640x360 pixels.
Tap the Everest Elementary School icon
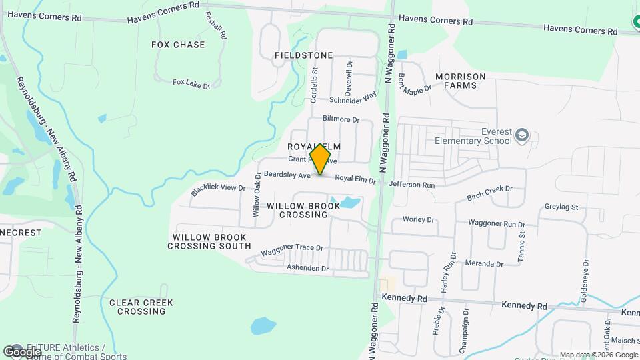coord(522,136)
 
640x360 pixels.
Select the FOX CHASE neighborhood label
coord(178,45)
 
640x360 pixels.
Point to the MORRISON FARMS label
coord(461,81)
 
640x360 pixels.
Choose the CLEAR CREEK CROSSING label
coord(141,307)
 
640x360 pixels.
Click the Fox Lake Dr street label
coord(191,83)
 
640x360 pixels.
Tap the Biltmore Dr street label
coord(341,119)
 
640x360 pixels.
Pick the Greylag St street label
coord(561,207)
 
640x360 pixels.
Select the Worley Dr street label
coord(418,219)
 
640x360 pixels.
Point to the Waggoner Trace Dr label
coord(292,249)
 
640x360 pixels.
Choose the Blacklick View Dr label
coord(218,189)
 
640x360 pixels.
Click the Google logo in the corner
coord(22,351)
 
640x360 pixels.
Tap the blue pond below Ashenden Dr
coord(263,326)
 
